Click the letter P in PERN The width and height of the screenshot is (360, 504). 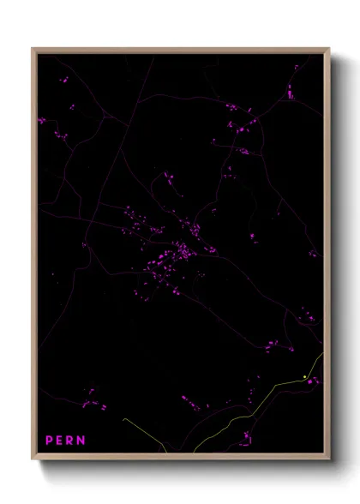[49, 440]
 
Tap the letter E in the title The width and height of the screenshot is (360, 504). [60, 440]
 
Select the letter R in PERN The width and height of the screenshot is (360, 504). [71, 440]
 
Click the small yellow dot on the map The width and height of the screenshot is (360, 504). [305, 376]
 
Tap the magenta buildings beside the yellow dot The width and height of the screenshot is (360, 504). [314, 381]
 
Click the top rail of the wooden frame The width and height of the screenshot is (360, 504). [180, 49]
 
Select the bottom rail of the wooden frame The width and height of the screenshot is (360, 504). [180, 457]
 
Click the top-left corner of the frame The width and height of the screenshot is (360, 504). [33, 49]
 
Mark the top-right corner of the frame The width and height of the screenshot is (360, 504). [327, 49]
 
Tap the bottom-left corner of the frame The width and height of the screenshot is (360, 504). [33, 457]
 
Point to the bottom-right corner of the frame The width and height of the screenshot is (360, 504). [327, 457]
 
